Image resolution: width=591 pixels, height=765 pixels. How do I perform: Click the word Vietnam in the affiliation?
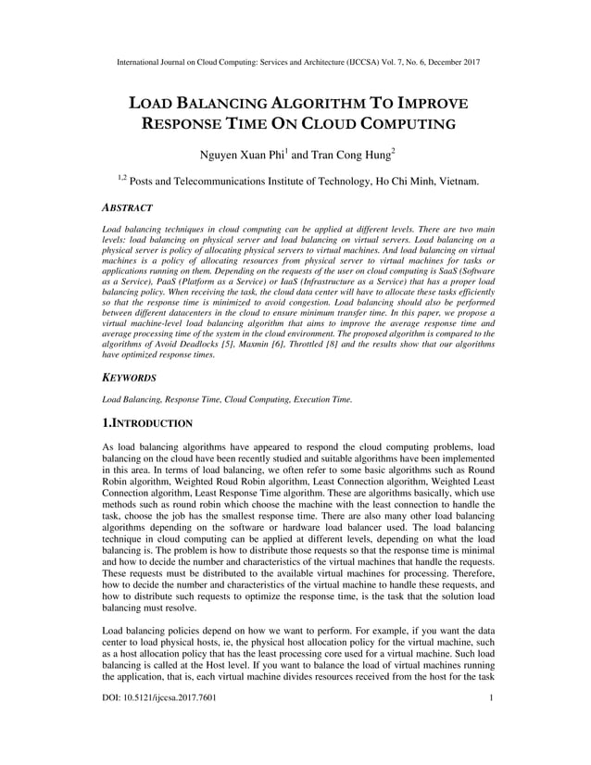point(455,182)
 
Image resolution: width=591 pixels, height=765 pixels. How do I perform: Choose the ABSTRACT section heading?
point(127,208)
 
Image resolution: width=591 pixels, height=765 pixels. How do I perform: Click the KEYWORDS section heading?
point(129,379)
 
